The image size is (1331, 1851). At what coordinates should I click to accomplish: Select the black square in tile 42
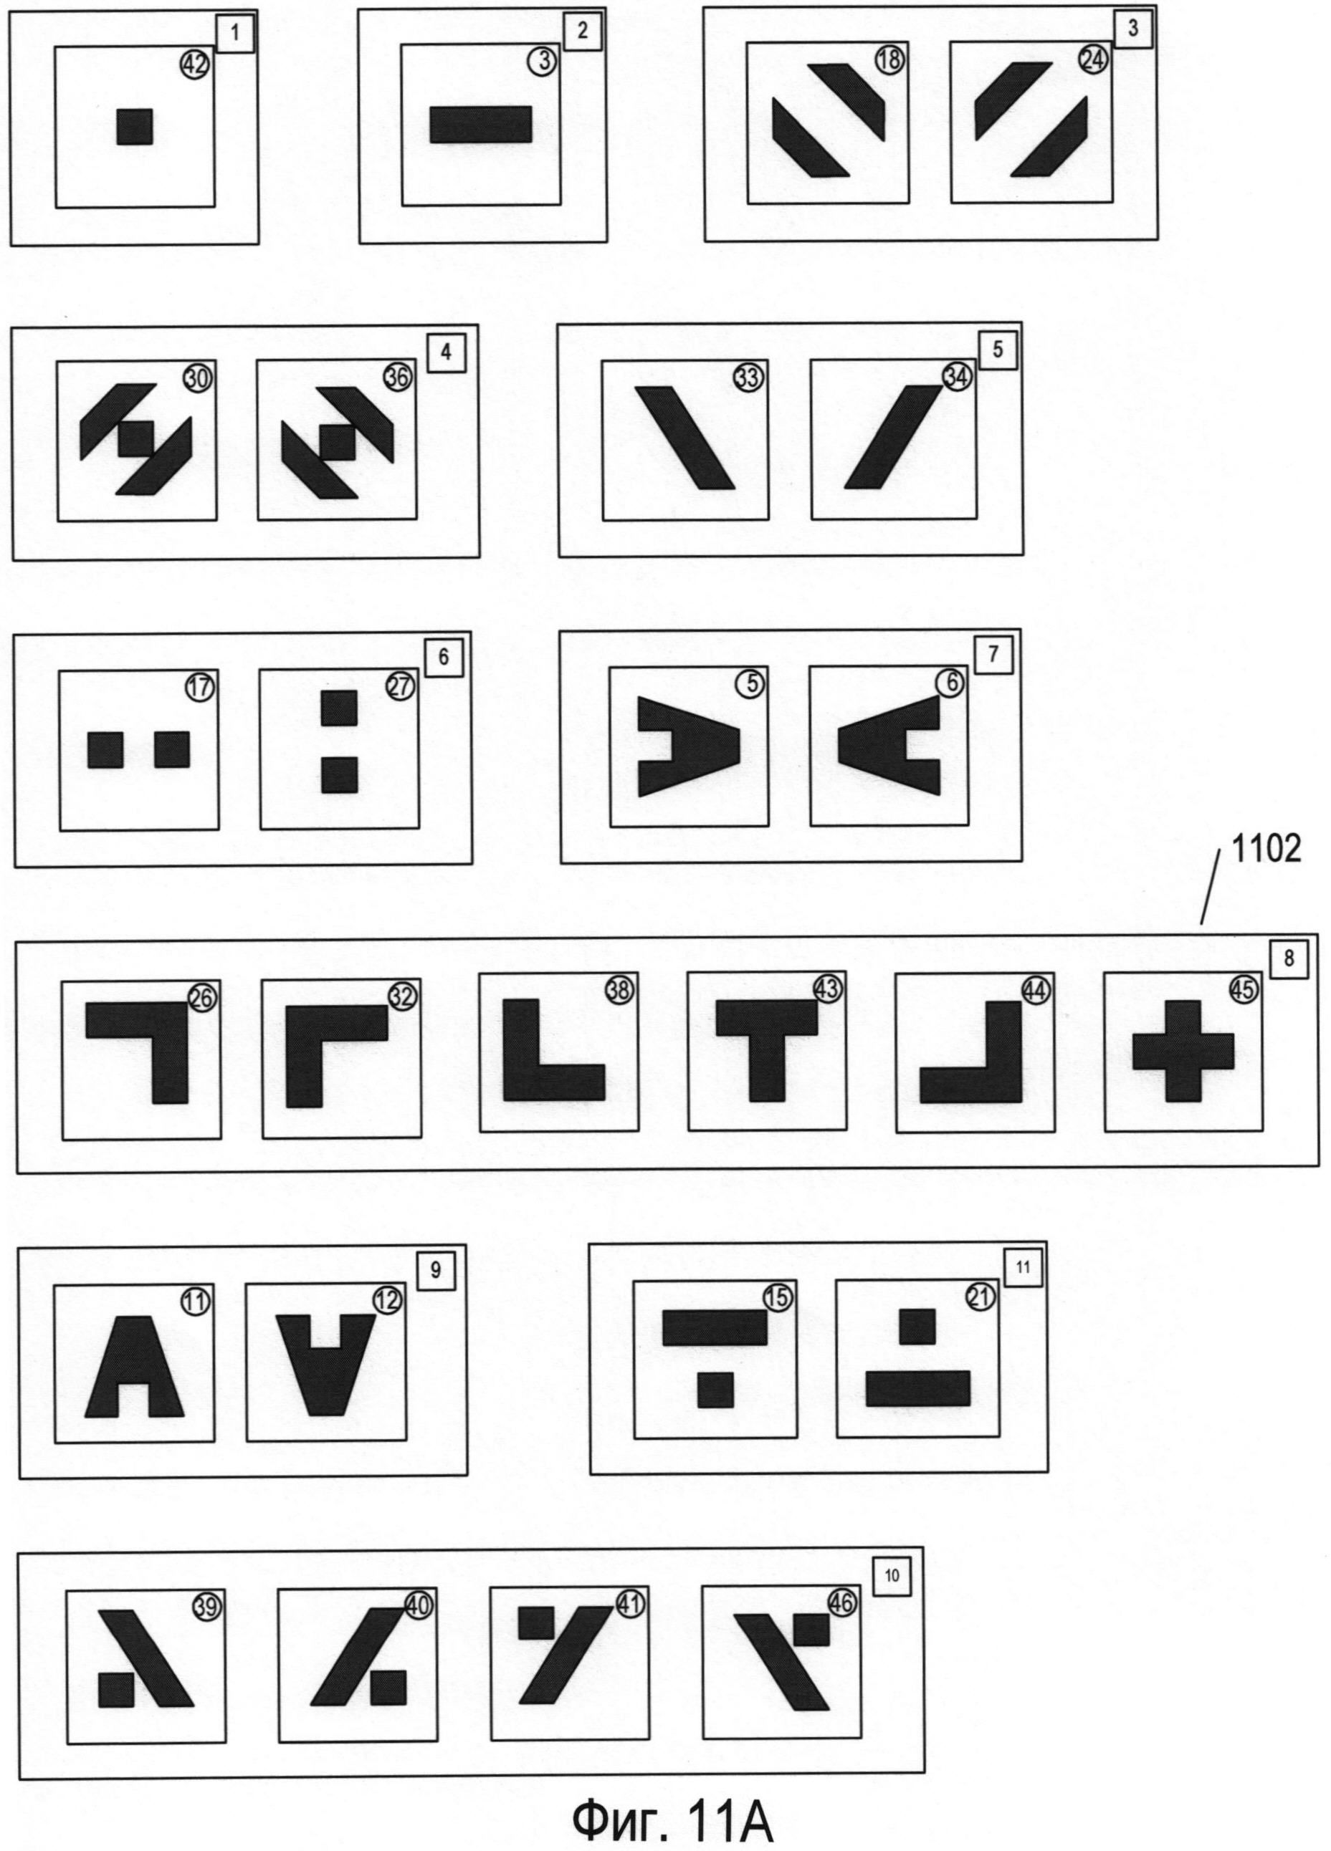pos(135,127)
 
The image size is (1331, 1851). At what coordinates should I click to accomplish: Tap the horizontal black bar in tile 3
pos(481,125)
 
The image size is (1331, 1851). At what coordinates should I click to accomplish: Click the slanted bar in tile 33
pos(684,438)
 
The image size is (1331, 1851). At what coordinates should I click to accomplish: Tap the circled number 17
pos(200,687)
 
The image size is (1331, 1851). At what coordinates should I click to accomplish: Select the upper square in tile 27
pos(339,708)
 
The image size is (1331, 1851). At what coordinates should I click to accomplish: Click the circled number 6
pos(950,682)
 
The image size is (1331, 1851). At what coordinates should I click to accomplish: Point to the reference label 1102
pos(1267,850)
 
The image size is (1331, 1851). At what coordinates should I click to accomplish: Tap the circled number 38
pos(620,989)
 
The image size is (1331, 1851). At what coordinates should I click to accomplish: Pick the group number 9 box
pos(435,1270)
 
